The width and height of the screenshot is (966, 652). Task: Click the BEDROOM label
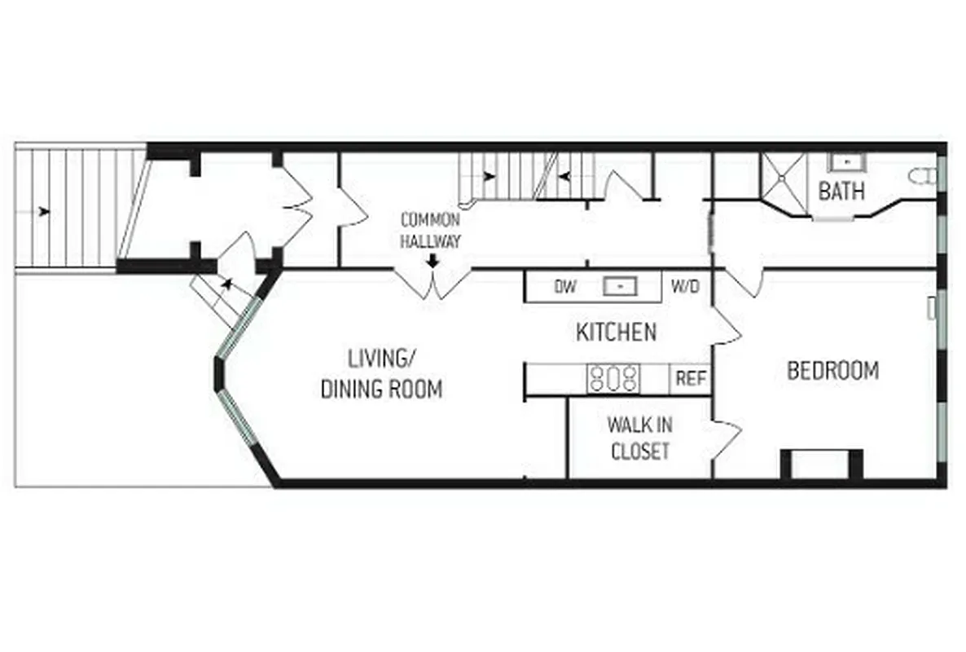(x=832, y=371)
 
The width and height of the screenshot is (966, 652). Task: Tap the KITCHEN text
(x=616, y=333)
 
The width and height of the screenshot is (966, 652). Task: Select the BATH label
(x=841, y=192)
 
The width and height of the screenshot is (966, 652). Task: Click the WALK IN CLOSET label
(x=639, y=438)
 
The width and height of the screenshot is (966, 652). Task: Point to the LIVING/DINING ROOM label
(x=381, y=373)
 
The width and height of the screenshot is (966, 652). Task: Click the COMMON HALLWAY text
(x=430, y=231)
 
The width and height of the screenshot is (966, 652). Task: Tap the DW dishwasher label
(x=565, y=287)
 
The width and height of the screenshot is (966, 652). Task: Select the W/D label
(x=684, y=287)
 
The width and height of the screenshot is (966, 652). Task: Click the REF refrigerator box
(x=690, y=379)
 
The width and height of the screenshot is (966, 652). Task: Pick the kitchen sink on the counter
(x=621, y=287)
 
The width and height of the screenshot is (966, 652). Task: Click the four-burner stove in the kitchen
(x=614, y=378)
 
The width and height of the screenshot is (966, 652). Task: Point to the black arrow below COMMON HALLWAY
(x=433, y=261)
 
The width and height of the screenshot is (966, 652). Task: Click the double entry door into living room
(x=433, y=282)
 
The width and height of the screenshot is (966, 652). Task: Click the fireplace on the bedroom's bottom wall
(x=821, y=465)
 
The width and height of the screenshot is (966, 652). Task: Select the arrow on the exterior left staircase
(x=43, y=212)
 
